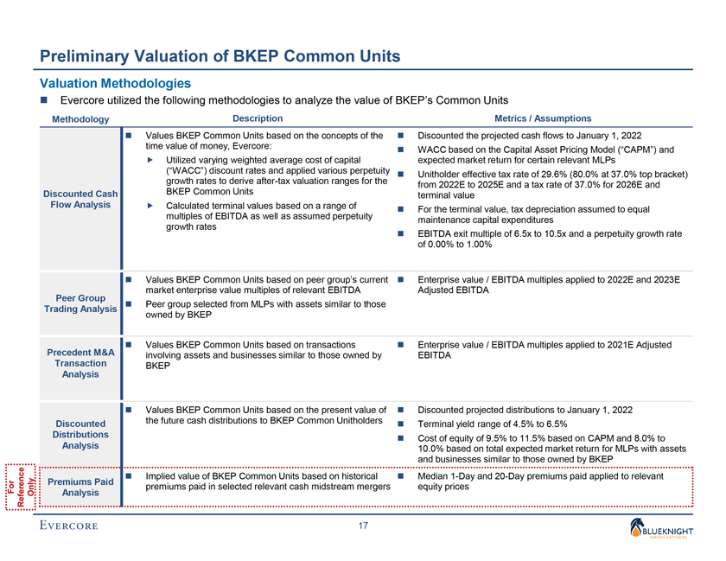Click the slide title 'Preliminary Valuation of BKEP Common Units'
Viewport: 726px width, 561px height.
click(x=220, y=58)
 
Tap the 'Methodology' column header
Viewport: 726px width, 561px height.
click(x=80, y=119)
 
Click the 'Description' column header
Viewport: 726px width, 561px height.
click(x=258, y=118)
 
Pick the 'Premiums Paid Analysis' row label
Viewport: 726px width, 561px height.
click(x=80, y=488)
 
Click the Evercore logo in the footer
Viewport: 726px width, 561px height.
click(x=68, y=526)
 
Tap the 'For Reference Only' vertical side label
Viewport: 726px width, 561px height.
click(x=22, y=488)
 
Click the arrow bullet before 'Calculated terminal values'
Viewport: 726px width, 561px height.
click(x=150, y=206)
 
